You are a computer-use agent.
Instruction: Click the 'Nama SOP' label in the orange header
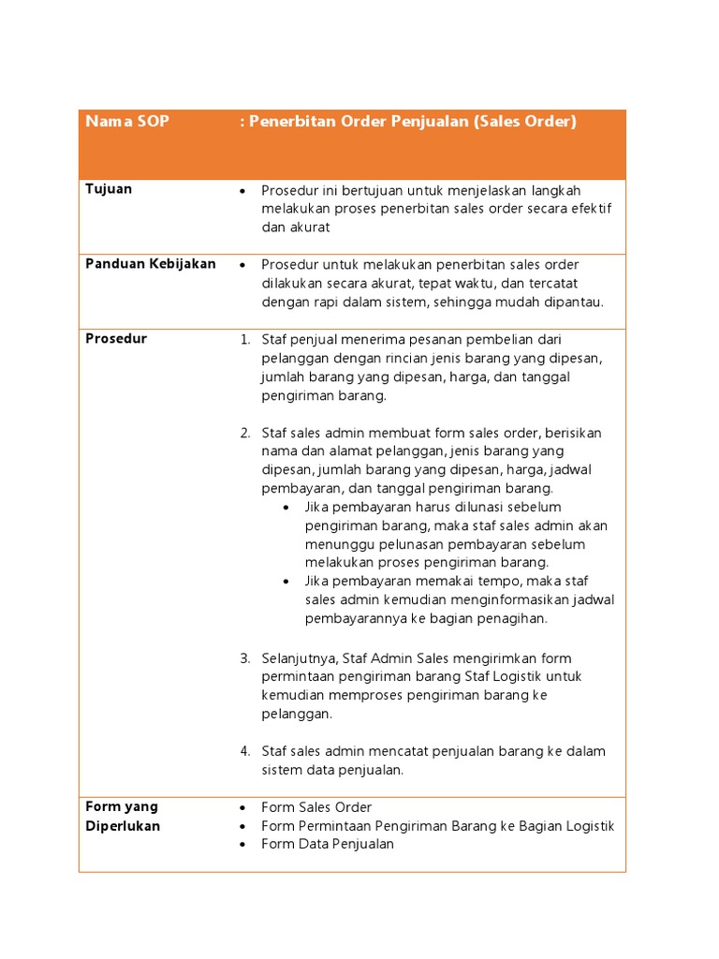click(127, 122)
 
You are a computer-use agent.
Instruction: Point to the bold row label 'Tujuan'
click(109, 189)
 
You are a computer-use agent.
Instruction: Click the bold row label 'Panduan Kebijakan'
click(151, 264)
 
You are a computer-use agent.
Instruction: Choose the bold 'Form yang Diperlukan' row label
click(123, 817)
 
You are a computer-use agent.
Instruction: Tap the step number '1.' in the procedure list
click(244, 339)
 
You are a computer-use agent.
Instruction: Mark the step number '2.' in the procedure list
click(244, 433)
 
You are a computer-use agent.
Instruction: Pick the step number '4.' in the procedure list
click(244, 751)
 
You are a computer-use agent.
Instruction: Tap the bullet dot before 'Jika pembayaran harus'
click(286, 508)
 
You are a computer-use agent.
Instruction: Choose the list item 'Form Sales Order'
click(316, 807)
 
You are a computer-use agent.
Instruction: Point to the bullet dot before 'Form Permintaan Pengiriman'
click(243, 826)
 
